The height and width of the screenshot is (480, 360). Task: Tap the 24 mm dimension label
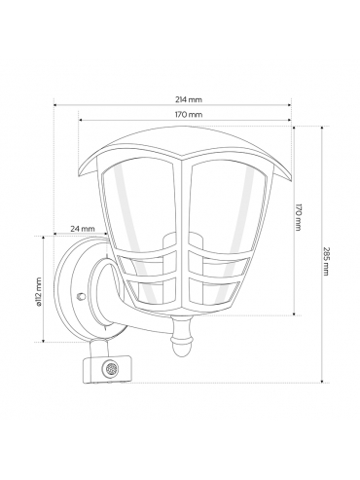pyautogui.click(x=83, y=229)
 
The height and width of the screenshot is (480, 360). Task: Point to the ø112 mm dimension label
pyautogui.click(x=39, y=292)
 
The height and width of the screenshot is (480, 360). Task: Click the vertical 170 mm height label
pyautogui.click(x=298, y=217)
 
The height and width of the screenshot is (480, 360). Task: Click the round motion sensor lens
pyautogui.click(x=110, y=368)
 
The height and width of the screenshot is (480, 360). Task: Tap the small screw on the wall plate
pyautogui.click(x=81, y=296)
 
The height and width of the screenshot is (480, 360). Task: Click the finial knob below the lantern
pyautogui.click(x=183, y=339)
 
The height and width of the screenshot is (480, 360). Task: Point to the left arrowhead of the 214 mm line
pyautogui.click(x=55, y=105)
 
